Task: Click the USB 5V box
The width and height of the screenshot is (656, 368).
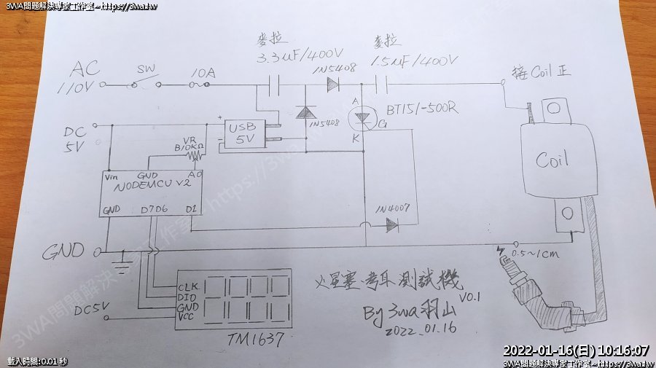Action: click(242, 133)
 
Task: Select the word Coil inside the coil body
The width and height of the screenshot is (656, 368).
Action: click(552, 160)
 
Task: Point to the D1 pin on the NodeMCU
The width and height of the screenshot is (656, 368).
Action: click(190, 210)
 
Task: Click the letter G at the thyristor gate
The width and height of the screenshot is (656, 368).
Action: click(382, 125)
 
